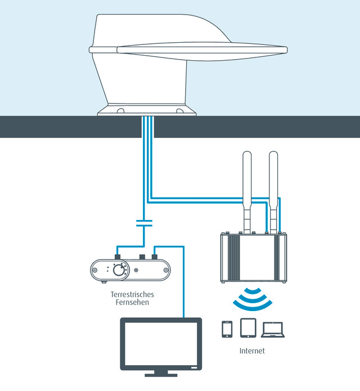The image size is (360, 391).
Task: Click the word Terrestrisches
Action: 133,294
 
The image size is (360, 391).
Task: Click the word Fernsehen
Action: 133,303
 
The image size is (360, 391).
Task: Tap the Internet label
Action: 251,350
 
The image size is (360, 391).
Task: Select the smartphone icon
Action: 227,329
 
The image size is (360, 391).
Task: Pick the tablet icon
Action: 248,327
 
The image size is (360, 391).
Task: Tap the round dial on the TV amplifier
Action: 119,270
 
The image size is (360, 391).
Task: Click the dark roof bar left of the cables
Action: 67,127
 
